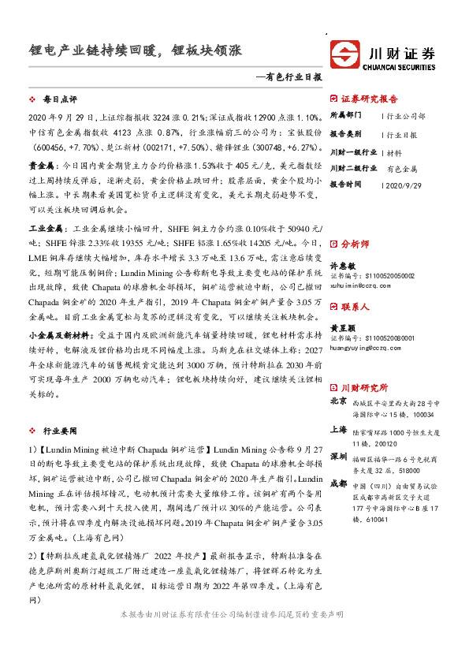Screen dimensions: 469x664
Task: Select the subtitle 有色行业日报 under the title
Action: (291, 77)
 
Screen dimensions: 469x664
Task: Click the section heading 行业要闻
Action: (60, 431)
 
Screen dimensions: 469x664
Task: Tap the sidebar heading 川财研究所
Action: (364, 387)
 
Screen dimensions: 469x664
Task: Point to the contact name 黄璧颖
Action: (342, 327)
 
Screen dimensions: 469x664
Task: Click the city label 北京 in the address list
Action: (337, 401)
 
